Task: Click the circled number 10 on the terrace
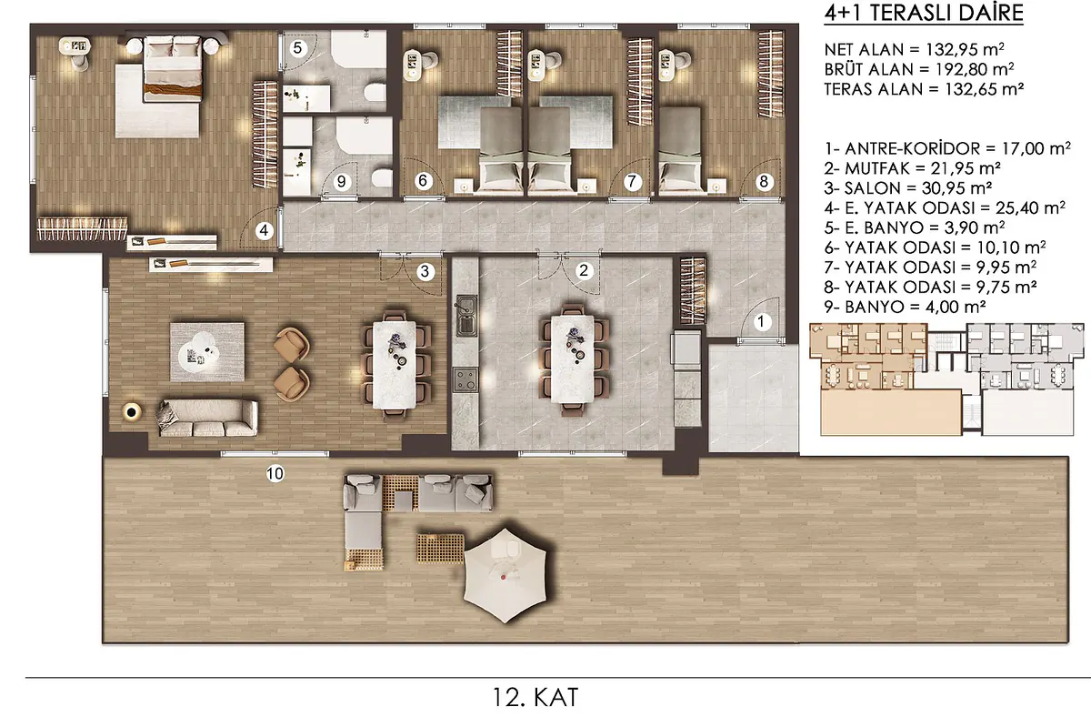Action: click(275, 473)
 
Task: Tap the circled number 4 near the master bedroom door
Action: click(264, 230)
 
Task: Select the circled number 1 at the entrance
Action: click(762, 322)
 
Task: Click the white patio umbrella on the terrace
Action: click(505, 575)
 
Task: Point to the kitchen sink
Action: click(466, 316)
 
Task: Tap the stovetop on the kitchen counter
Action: click(465, 379)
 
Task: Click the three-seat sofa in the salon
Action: click(207, 418)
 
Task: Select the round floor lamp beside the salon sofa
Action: click(132, 412)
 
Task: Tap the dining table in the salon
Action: click(395, 364)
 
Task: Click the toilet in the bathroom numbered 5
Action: click(375, 92)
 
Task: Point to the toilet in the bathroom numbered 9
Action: click(383, 178)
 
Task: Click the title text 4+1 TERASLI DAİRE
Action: click(924, 13)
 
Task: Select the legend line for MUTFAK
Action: click(913, 168)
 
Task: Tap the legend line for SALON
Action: click(908, 188)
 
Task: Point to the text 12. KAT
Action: click(535, 697)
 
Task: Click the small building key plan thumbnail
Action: click(946, 379)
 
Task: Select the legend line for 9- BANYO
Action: click(905, 307)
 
